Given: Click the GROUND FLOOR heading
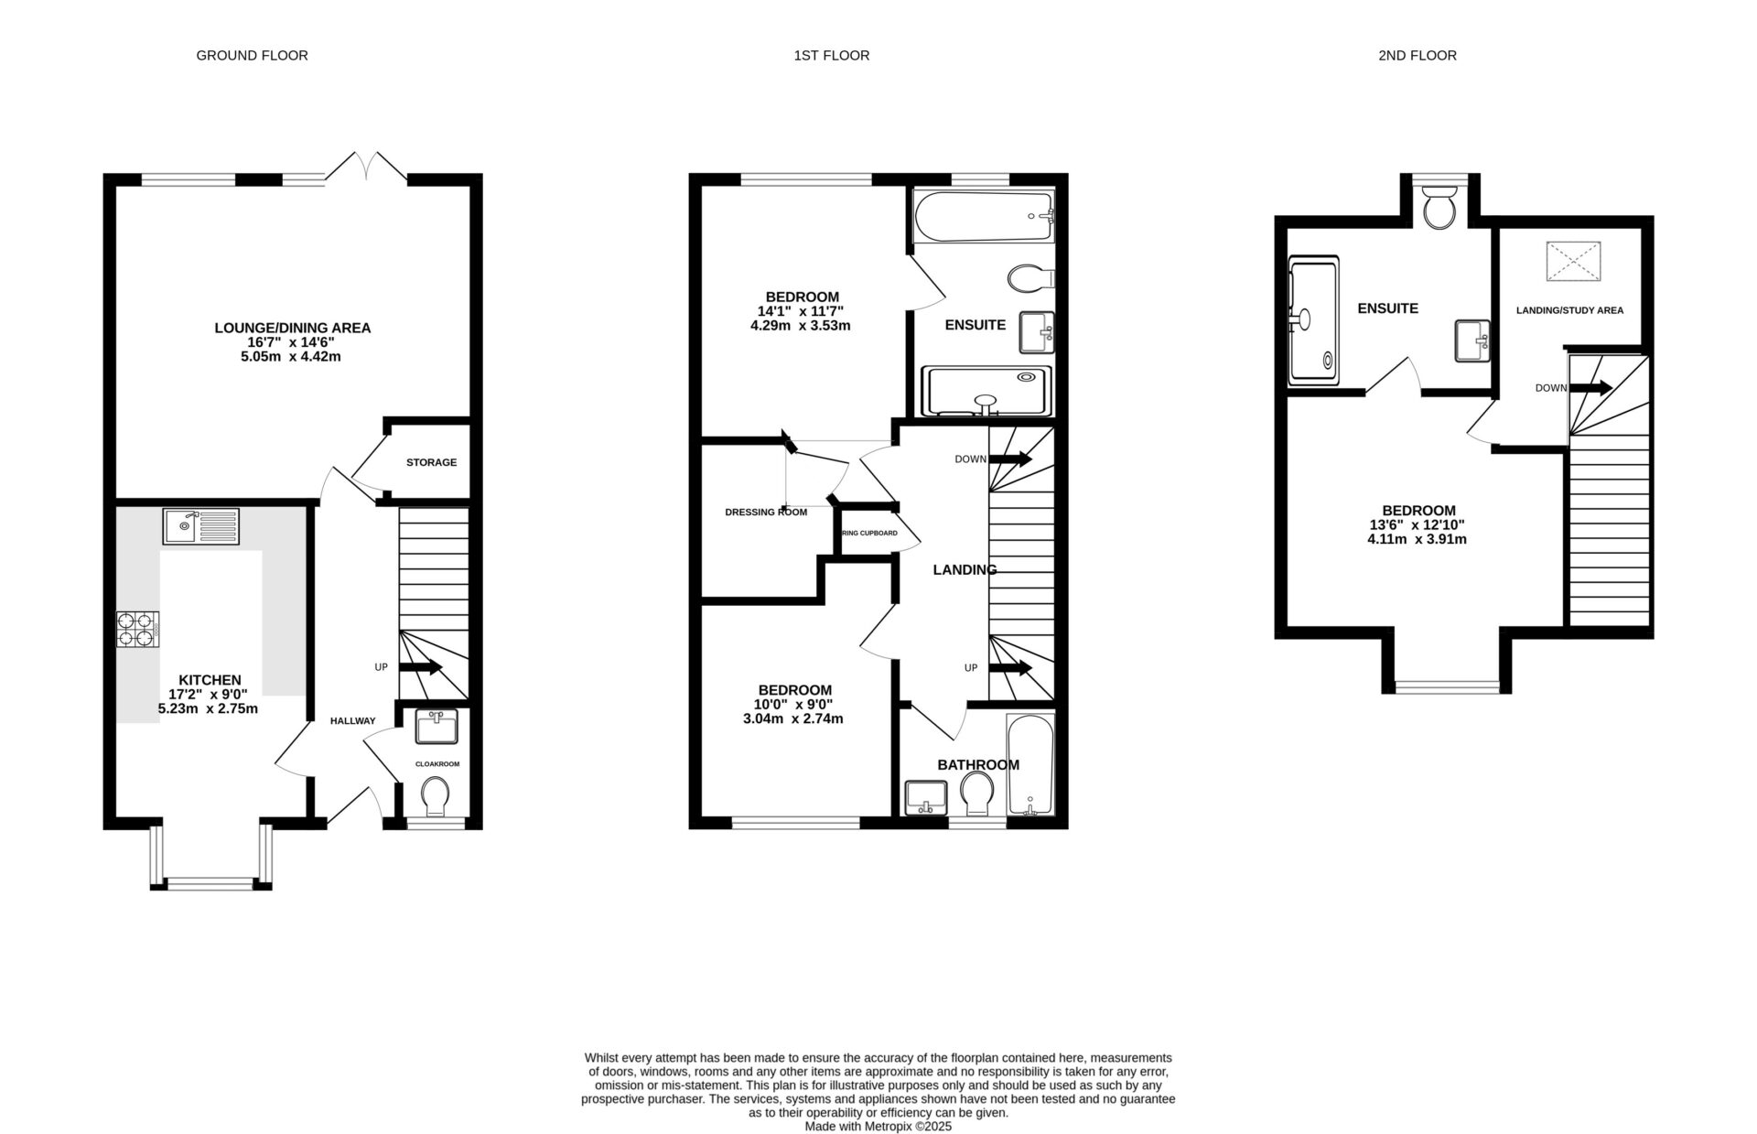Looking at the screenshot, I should [x=252, y=55].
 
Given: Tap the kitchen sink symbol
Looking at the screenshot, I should [x=201, y=526].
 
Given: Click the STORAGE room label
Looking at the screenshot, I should [x=431, y=462].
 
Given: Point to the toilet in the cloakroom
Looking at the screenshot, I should [x=437, y=795].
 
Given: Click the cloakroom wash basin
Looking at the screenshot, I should [x=436, y=728].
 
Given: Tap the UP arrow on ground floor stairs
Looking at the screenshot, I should [x=421, y=667].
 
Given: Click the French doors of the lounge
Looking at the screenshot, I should [x=367, y=167].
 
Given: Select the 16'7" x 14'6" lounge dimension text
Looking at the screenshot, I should [x=291, y=342].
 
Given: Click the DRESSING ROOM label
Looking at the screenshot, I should [x=766, y=513].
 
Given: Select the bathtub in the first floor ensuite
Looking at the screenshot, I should [x=984, y=216].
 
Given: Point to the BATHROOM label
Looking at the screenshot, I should [x=977, y=765].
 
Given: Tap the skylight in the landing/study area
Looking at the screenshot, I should [x=1573, y=261].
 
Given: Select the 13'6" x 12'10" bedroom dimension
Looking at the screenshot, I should [x=1417, y=524].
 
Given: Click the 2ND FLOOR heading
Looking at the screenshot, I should [x=1417, y=55].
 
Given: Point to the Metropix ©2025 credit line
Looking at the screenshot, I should [x=878, y=1127].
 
